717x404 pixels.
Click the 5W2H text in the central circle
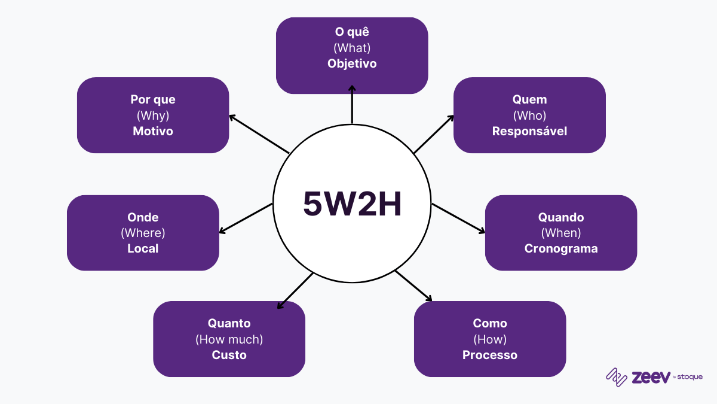point(352,204)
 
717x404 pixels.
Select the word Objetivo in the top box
point(352,63)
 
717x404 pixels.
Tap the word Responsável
point(529,131)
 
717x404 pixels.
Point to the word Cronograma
point(561,248)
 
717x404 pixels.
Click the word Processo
point(490,355)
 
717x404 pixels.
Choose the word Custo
point(229,355)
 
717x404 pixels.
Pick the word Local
point(143,248)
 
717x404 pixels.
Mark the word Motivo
point(153,131)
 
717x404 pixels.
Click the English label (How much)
point(229,339)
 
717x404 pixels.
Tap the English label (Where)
point(143,233)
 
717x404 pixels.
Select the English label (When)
point(561,233)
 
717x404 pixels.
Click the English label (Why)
point(153,116)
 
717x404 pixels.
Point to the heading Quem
point(529,99)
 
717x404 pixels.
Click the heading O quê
point(352,32)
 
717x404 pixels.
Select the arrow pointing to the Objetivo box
point(352,105)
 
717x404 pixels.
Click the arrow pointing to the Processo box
point(413,286)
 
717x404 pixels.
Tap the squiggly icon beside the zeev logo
point(617,376)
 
